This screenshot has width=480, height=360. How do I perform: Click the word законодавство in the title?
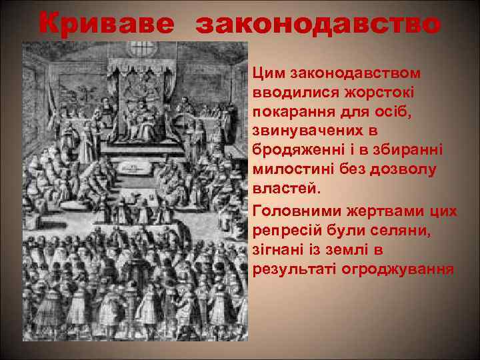coord(318,25)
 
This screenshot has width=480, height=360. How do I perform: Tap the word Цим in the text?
coord(268,71)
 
